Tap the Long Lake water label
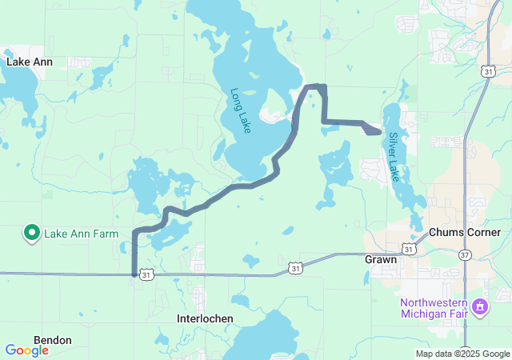pos(241,110)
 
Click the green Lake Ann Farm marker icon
pos(32,233)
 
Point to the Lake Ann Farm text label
pos(81,234)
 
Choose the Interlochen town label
pos(205,318)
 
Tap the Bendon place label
pos(53,340)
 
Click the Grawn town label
pos(380,260)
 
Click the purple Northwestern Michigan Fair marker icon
pos(480,306)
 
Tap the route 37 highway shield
pos(465,254)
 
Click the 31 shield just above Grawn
pos(408,250)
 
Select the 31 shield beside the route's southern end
pos(145,274)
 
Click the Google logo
pos(26,350)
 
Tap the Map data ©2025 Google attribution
pos(462,354)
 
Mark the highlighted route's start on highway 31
pos(134,274)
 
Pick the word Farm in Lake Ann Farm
pos(106,234)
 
